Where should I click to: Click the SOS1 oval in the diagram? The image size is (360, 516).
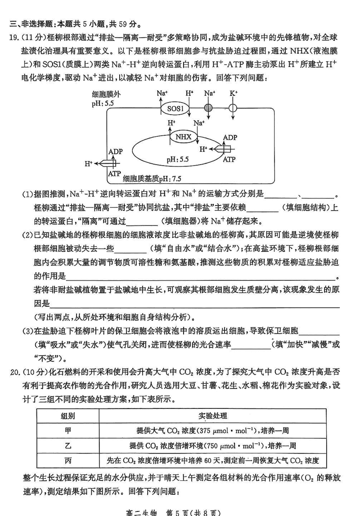175,109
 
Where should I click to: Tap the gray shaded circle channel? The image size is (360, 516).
208,108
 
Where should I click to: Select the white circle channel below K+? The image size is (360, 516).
233,108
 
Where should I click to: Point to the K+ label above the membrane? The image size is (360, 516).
234,94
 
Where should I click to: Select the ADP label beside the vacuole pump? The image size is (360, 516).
230,137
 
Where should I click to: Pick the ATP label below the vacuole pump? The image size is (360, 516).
229,159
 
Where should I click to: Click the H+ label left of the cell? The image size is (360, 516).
88,163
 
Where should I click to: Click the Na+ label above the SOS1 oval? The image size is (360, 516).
162,94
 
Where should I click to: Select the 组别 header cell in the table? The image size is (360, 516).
68,416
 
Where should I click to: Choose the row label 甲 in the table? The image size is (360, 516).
68,431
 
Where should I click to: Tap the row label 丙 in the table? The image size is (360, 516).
68,460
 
